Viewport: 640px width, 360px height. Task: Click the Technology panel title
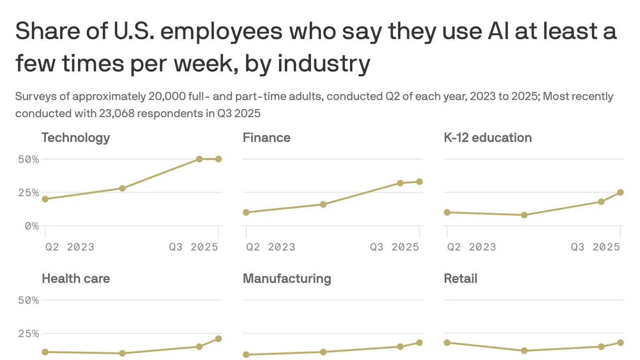click(75, 137)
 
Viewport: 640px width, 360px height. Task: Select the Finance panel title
click(266, 137)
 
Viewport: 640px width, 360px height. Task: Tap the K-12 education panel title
click(487, 137)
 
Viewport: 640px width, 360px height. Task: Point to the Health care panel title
click(75, 278)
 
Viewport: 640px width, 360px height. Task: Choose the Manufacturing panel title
click(287, 278)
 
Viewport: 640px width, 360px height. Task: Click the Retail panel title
click(460, 278)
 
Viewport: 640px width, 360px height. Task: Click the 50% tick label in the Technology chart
click(28, 159)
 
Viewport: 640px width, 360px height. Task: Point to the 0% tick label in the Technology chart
click(31, 226)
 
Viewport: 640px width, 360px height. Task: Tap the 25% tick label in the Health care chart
click(28, 334)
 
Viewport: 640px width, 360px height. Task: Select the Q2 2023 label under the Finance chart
click(270, 247)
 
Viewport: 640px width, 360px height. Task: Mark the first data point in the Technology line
click(45, 199)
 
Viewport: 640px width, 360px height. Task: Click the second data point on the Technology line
click(122, 188)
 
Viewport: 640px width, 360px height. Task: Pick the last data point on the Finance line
click(419, 181)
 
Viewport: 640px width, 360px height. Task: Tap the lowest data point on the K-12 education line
click(524, 215)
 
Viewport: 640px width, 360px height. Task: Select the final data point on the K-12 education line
click(620, 192)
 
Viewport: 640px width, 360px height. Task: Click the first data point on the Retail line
click(447, 343)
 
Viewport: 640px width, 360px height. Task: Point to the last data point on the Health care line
click(218, 338)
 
